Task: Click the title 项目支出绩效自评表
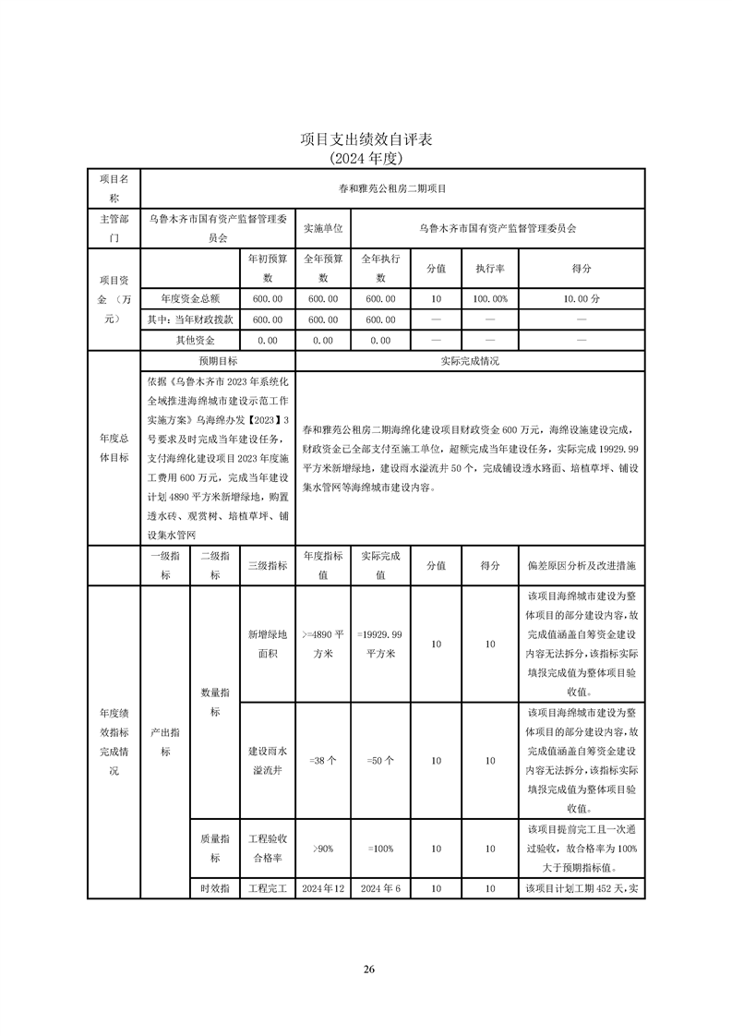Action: click(366, 139)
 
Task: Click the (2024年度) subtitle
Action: click(366, 158)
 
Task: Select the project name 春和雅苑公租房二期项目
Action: click(391, 188)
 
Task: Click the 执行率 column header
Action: click(489, 268)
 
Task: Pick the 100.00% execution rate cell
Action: click(489, 299)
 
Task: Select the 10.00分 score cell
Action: click(582, 299)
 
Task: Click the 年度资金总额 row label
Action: click(189, 299)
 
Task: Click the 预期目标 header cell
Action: click(217, 361)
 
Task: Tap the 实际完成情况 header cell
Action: click(470, 361)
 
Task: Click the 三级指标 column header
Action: click(267, 565)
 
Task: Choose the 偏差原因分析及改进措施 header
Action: click(582, 565)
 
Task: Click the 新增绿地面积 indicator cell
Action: click(267, 644)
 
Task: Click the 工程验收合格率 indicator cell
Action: click(267, 848)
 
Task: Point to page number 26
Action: click(368, 969)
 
